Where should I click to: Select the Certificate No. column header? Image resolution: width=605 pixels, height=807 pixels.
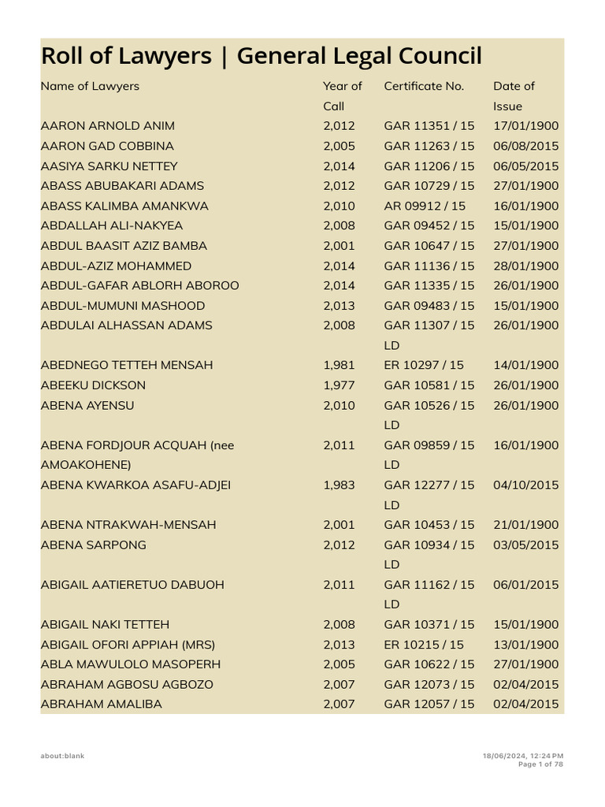coord(424,86)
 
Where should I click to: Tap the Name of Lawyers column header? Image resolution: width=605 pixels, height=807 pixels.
coord(90,86)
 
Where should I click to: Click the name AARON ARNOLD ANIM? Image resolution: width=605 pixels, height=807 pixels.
coord(108,126)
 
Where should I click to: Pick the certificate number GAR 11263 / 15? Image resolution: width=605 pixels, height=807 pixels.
coord(429,146)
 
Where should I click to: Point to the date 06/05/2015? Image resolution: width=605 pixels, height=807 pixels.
coord(525,166)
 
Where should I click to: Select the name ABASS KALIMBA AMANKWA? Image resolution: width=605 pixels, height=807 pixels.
coord(124,206)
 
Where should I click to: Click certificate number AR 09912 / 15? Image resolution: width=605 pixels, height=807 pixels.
coord(425,206)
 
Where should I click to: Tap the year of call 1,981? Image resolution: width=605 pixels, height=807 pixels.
coord(339,365)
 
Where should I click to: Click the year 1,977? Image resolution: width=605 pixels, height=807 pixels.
coord(339,385)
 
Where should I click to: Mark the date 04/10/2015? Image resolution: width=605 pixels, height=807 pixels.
coord(525,485)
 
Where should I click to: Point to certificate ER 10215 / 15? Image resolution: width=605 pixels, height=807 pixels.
coord(424,644)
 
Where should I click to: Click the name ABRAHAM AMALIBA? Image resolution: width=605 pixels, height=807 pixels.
coord(101,704)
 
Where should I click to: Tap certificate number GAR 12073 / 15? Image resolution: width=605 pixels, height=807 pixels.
coord(429,684)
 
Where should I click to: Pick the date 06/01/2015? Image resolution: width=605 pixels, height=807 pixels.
coord(525,584)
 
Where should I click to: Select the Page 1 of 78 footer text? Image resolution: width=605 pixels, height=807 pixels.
coord(540,764)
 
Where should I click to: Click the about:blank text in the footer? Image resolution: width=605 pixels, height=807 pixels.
coord(62,756)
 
